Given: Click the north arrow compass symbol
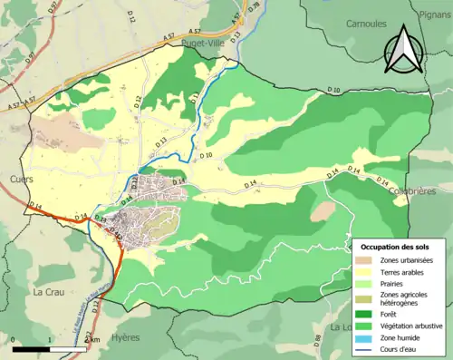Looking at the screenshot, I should (405, 53).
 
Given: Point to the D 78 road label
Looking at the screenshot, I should (254, 8).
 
